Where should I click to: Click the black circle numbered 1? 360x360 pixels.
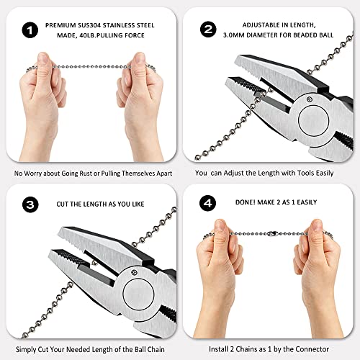[x=30, y=30]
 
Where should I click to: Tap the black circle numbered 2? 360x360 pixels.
[x=208, y=30]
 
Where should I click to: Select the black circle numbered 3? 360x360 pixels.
[x=30, y=204]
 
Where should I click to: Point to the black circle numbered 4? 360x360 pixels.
[x=208, y=204]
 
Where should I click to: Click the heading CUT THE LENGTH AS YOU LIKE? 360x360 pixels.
[x=99, y=204]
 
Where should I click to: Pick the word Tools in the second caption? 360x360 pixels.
[x=315, y=173]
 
